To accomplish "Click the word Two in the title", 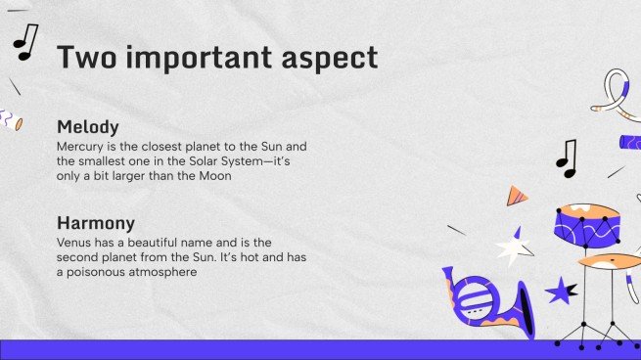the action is [x=87, y=57].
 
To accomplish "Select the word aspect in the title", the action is [x=330, y=60].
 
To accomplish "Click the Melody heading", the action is [x=88, y=127].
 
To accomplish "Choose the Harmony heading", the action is [x=96, y=223].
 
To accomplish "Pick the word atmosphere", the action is [x=162, y=273].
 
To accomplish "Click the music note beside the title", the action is [x=25, y=42].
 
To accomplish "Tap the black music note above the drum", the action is [x=567, y=158].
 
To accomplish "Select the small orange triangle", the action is [x=516, y=196].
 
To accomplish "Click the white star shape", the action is [x=514, y=248].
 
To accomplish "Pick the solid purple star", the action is [x=561, y=291].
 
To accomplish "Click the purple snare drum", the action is [x=587, y=226].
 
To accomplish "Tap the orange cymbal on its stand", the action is [x=609, y=260].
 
